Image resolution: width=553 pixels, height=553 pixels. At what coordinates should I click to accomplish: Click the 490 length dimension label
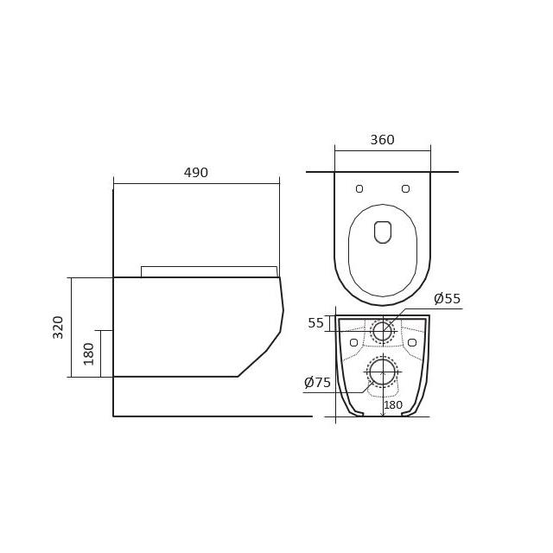tap(196, 173)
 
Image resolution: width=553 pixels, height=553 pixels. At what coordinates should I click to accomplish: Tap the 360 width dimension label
tap(382, 140)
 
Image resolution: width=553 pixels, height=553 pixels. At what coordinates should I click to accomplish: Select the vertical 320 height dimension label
tap(58, 327)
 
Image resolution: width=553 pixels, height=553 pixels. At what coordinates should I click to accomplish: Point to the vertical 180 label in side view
tap(88, 353)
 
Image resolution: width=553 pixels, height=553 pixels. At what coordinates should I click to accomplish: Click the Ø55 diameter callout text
tap(448, 299)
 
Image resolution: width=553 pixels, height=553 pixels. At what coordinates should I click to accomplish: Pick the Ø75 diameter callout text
tap(317, 382)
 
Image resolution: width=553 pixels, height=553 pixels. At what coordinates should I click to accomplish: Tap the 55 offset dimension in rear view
tap(315, 323)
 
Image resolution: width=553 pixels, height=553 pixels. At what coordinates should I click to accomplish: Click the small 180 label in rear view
tap(393, 405)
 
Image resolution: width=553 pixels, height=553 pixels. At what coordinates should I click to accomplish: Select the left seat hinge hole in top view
tap(359, 188)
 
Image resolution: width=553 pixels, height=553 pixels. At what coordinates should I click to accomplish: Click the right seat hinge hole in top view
tap(405, 188)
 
